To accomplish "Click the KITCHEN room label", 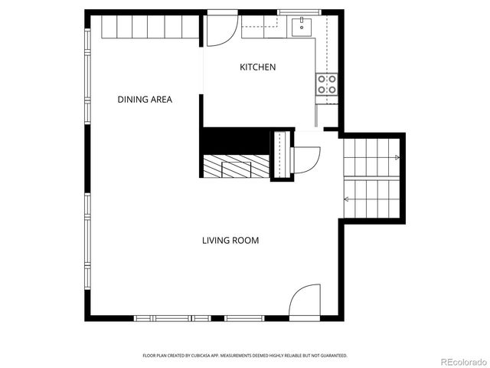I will [x=258, y=67].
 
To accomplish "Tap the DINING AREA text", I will [x=145, y=100].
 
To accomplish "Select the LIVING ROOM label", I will [x=230, y=241].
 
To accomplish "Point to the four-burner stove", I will [x=327, y=85].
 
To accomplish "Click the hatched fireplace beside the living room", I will [x=237, y=166].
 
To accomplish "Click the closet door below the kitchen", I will [x=305, y=159].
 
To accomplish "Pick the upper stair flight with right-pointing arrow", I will [x=371, y=157].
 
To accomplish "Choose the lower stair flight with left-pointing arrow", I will [x=371, y=198].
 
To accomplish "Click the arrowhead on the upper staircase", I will [x=397, y=157].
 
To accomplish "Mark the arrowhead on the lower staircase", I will [x=347, y=199].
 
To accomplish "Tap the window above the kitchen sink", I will [x=299, y=12].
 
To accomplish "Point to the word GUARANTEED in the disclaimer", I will [x=332, y=356].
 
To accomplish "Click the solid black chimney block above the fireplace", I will [x=235, y=140].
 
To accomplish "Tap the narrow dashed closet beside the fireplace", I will [x=281, y=156].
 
